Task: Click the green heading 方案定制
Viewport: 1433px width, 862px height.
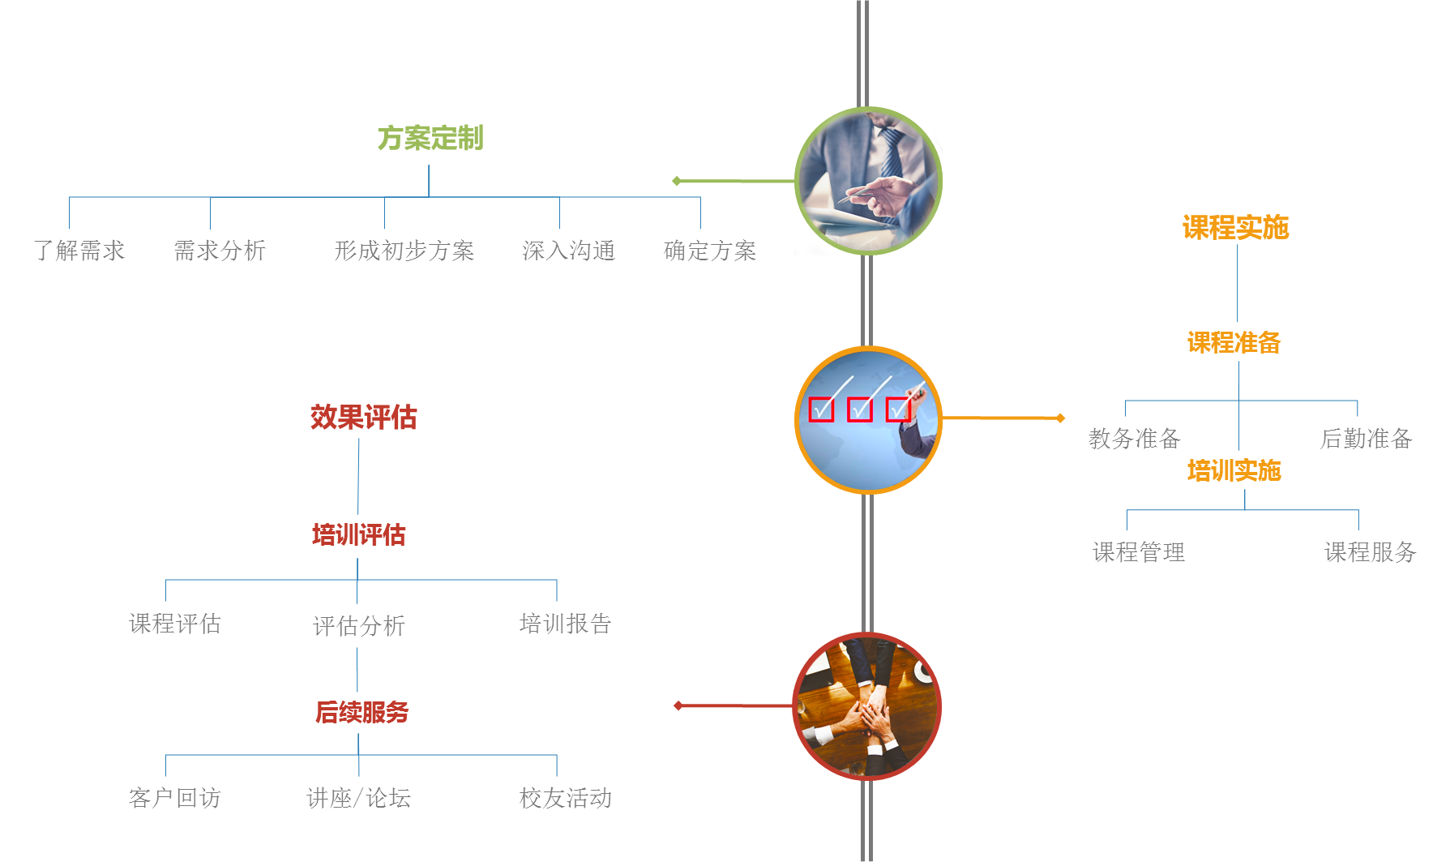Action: click(x=430, y=139)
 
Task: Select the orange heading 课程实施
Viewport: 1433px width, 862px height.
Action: click(x=1235, y=228)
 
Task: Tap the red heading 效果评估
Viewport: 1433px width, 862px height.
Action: click(x=363, y=418)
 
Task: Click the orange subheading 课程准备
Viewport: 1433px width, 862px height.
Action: click(x=1234, y=343)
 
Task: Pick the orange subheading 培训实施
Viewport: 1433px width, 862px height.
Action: click(x=1234, y=471)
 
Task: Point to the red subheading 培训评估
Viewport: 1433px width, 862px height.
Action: click(x=358, y=535)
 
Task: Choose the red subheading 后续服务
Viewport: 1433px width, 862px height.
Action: click(x=361, y=713)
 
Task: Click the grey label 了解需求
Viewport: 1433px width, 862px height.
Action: click(x=79, y=251)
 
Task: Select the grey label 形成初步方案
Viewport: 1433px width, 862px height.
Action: click(x=404, y=251)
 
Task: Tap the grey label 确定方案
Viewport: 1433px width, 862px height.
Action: click(x=709, y=251)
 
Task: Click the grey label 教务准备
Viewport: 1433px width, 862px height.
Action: click(x=1134, y=439)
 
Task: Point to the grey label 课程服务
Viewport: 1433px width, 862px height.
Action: click(x=1369, y=553)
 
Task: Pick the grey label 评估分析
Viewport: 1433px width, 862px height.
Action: click(x=358, y=625)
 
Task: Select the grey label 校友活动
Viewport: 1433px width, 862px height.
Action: click(x=566, y=799)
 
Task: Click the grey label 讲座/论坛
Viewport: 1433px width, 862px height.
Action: click(x=358, y=799)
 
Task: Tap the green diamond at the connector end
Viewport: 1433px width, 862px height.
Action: click(x=676, y=181)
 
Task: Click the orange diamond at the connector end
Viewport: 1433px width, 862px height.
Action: click(x=1059, y=418)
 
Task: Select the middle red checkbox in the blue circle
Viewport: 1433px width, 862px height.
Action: click(x=859, y=410)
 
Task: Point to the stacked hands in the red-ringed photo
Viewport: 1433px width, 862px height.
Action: click(x=868, y=714)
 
